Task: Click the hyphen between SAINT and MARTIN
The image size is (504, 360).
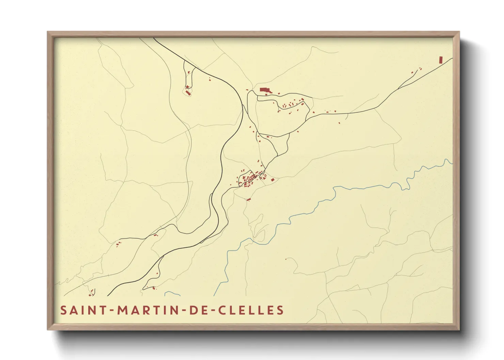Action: tap(112, 311)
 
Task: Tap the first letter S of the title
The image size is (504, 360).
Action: tap(63, 310)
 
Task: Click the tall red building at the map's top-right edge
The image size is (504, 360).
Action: tap(441, 60)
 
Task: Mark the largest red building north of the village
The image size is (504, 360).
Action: tap(264, 90)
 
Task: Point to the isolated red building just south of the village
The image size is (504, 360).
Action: tap(249, 199)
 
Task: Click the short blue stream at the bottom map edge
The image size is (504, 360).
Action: tap(172, 293)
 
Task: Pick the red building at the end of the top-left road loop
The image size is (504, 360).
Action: tap(188, 92)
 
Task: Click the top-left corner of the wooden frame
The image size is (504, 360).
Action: tap(48, 32)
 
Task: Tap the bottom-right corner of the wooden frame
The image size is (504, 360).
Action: tap(459, 329)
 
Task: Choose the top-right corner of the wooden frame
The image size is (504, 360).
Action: tap(459, 32)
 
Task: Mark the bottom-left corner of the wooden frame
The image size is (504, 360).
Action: tap(48, 329)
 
